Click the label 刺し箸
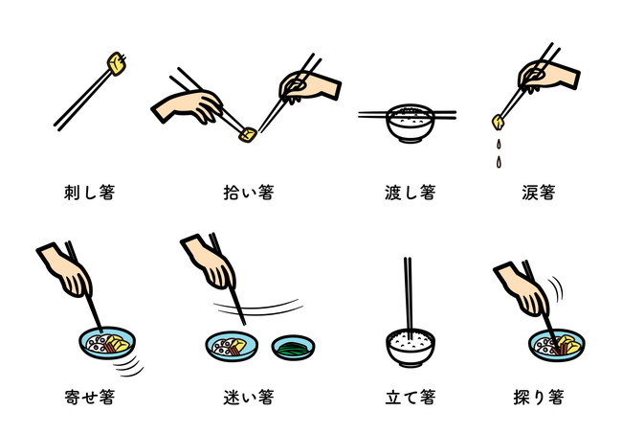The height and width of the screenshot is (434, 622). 90,193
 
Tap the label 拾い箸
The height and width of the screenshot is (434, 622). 249,193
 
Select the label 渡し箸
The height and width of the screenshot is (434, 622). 411,193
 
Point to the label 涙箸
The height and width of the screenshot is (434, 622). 539,193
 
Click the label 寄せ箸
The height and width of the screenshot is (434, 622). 90,397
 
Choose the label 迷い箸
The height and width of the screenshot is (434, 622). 249,397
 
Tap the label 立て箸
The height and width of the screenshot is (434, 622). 411,397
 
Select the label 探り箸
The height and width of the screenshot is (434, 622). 539,397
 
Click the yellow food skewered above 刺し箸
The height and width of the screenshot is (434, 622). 117,63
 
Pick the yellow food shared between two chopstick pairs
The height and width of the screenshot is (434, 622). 247,135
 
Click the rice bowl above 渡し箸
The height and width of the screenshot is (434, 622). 410,123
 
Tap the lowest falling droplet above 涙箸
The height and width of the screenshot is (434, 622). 499,162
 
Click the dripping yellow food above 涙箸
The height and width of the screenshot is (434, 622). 499,122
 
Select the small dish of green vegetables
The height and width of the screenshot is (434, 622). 293,348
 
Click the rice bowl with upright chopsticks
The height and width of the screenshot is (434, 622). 411,348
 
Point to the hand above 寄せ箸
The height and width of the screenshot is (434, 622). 67,270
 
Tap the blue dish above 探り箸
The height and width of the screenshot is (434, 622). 557,345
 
